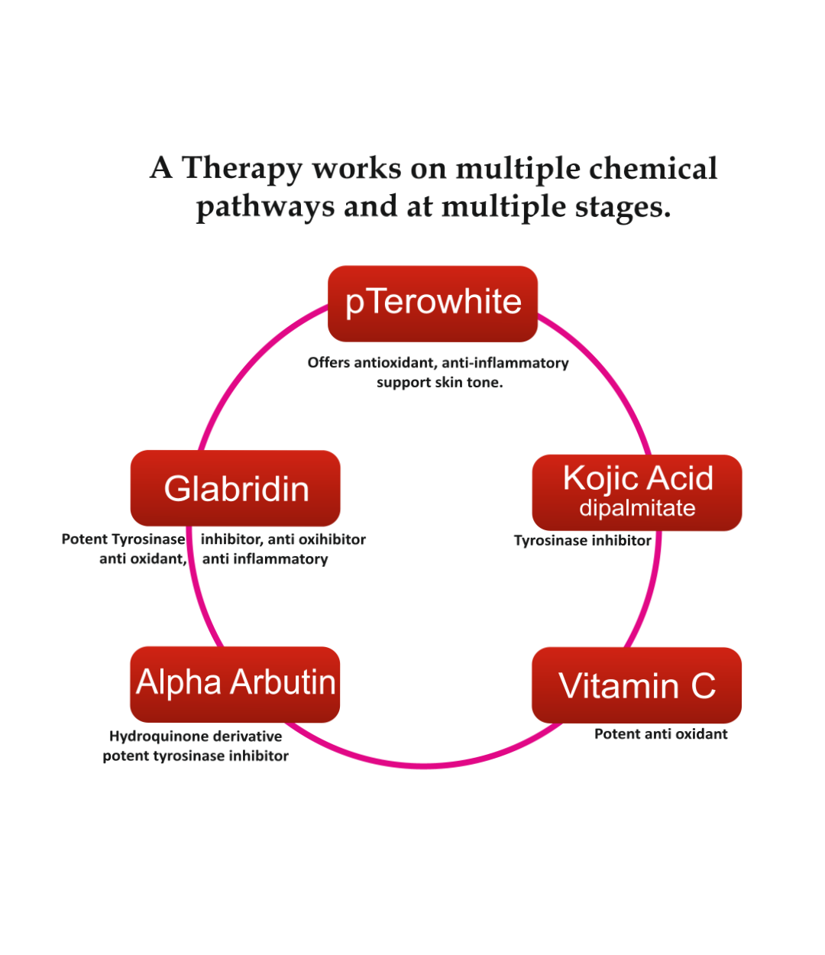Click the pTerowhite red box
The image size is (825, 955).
click(432, 303)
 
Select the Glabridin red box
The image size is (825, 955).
click(235, 488)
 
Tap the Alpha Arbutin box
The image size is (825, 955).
click(235, 684)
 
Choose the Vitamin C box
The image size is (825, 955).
click(636, 685)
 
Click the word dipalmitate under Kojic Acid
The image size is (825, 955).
click(637, 508)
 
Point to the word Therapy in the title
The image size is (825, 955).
click(242, 169)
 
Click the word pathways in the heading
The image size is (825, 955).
click(265, 207)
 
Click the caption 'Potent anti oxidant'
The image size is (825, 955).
click(661, 734)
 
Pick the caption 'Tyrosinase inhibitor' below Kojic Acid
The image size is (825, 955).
click(582, 541)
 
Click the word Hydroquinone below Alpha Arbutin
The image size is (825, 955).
click(158, 736)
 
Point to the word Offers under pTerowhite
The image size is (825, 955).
click(328, 363)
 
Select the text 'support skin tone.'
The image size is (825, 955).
click(439, 383)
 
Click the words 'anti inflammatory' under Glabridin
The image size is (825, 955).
click(265, 559)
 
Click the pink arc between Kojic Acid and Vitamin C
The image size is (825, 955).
click(647, 596)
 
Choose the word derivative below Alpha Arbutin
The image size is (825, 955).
click(247, 736)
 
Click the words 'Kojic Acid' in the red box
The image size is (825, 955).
click(638, 479)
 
